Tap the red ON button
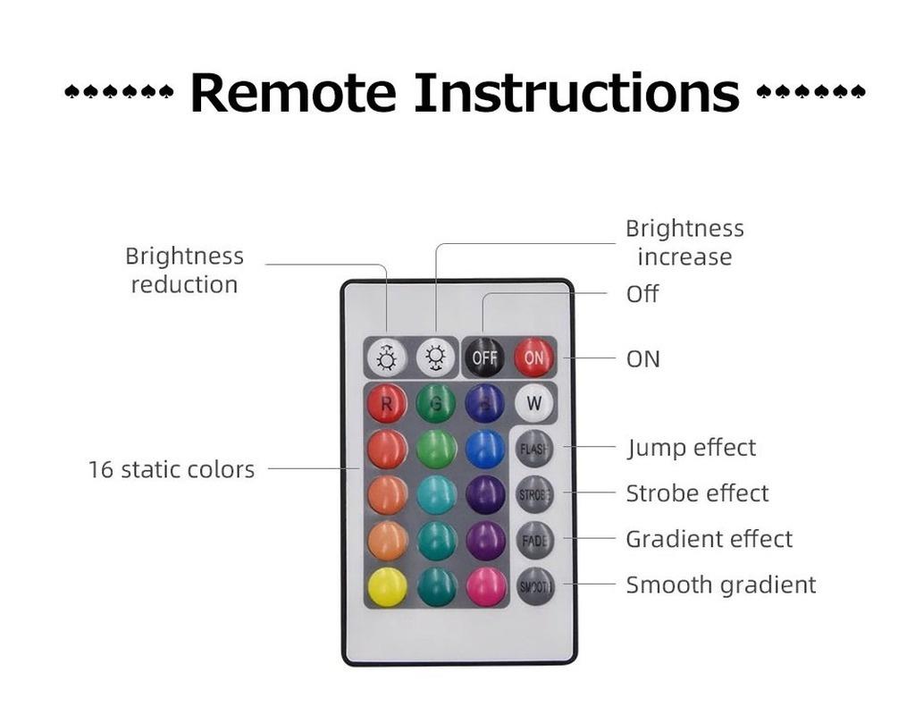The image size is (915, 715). pos(533,357)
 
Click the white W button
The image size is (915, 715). pos(533,403)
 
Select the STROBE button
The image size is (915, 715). pos(534,494)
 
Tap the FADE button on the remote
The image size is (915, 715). pos(534,540)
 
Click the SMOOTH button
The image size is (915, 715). pos(534,586)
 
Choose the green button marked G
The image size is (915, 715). pos(436,403)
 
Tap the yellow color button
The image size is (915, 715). pos(387,586)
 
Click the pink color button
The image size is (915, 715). pos(485,586)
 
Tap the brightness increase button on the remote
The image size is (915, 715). pos(436,357)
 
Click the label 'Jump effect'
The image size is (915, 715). pos(692,448)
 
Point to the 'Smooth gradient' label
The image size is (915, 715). pos(720,585)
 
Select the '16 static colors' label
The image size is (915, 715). pos(171,469)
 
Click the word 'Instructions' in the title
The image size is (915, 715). pos(576,92)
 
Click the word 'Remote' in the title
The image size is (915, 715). pos(292,92)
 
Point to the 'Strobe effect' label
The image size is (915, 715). pos(697,493)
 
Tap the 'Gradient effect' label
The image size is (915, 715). pos(709,539)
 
